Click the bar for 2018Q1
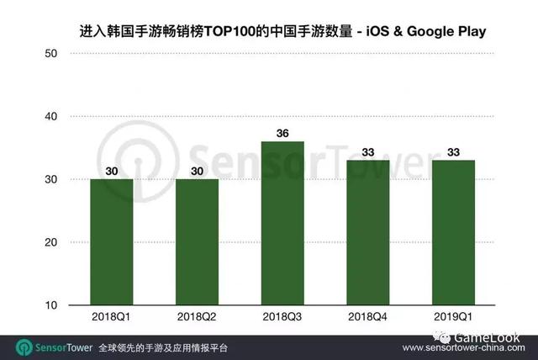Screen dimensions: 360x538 click(112, 242)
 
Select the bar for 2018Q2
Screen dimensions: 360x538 click(197, 242)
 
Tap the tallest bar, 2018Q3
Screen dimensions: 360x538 click(282, 223)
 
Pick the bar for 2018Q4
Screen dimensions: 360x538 click(368, 232)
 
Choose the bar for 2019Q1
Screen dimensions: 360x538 click(454, 232)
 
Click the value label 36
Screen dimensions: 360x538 click(282, 133)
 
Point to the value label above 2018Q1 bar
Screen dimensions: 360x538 click(112, 171)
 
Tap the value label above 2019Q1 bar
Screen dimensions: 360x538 click(454, 152)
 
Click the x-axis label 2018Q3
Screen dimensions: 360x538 click(282, 317)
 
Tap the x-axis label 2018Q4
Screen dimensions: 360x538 click(368, 317)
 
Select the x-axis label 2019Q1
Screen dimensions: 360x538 click(454, 317)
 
